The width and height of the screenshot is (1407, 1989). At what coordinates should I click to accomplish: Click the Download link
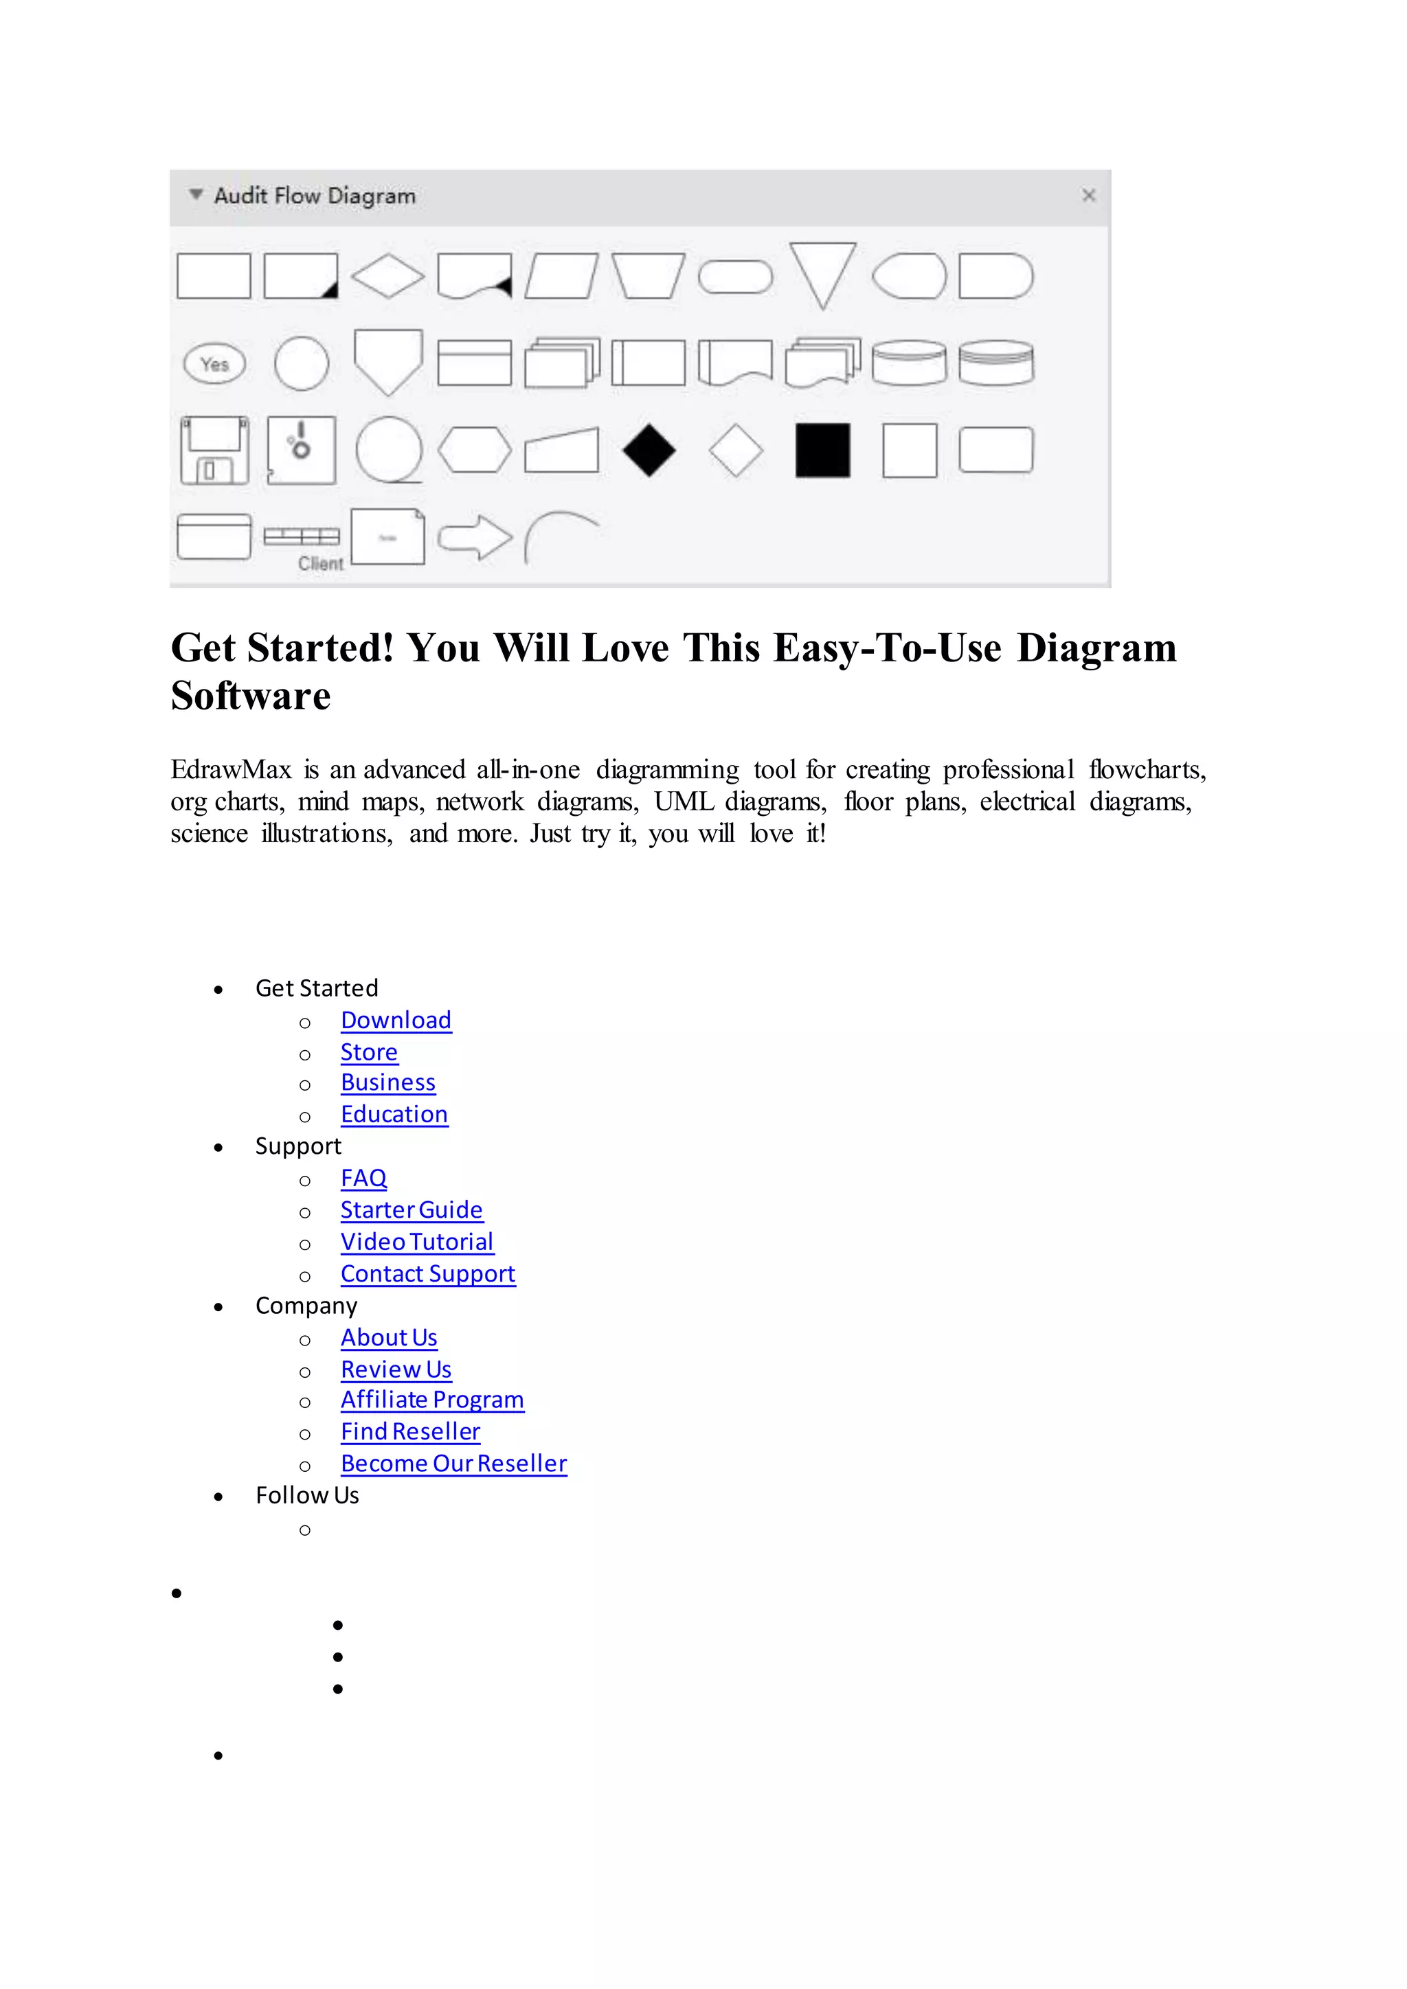tap(396, 1021)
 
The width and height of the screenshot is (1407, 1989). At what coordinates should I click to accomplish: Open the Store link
tap(369, 1053)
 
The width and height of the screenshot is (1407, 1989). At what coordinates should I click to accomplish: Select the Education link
tap(394, 1115)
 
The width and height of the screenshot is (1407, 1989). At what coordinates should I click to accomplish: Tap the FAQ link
tap(364, 1179)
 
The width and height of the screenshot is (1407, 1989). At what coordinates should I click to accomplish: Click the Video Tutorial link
tap(417, 1242)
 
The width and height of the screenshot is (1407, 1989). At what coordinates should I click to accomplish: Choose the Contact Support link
tap(428, 1274)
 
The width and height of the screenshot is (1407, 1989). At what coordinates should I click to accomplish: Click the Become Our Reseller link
tap(454, 1464)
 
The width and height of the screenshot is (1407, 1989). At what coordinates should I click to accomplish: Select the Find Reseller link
tap(411, 1432)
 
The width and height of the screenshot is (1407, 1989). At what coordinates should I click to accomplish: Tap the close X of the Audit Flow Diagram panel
tap(1089, 196)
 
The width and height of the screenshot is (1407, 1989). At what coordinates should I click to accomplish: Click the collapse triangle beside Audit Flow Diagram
tap(196, 195)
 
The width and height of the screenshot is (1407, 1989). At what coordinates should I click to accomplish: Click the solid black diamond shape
tap(649, 451)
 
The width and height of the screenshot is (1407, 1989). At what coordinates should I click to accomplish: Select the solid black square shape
tap(822, 451)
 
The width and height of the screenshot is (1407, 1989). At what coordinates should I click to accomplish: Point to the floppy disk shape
tap(214, 451)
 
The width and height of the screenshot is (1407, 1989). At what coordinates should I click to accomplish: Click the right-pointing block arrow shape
tap(475, 537)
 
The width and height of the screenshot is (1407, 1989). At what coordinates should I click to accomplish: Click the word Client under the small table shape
tap(321, 564)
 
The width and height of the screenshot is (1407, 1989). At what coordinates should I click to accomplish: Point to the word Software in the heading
tap(250, 696)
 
